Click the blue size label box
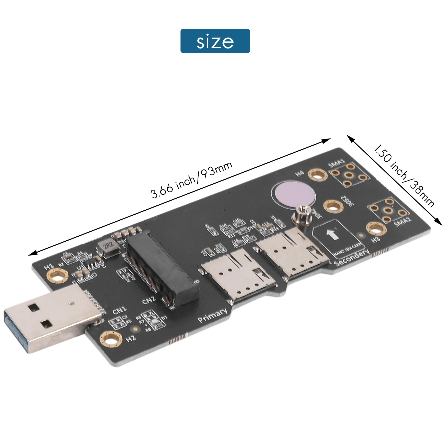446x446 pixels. [x=215, y=41]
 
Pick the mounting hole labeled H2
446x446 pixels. [x=111, y=339]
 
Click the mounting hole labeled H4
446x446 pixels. [x=317, y=175]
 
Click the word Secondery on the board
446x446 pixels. [x=352, y=257]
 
